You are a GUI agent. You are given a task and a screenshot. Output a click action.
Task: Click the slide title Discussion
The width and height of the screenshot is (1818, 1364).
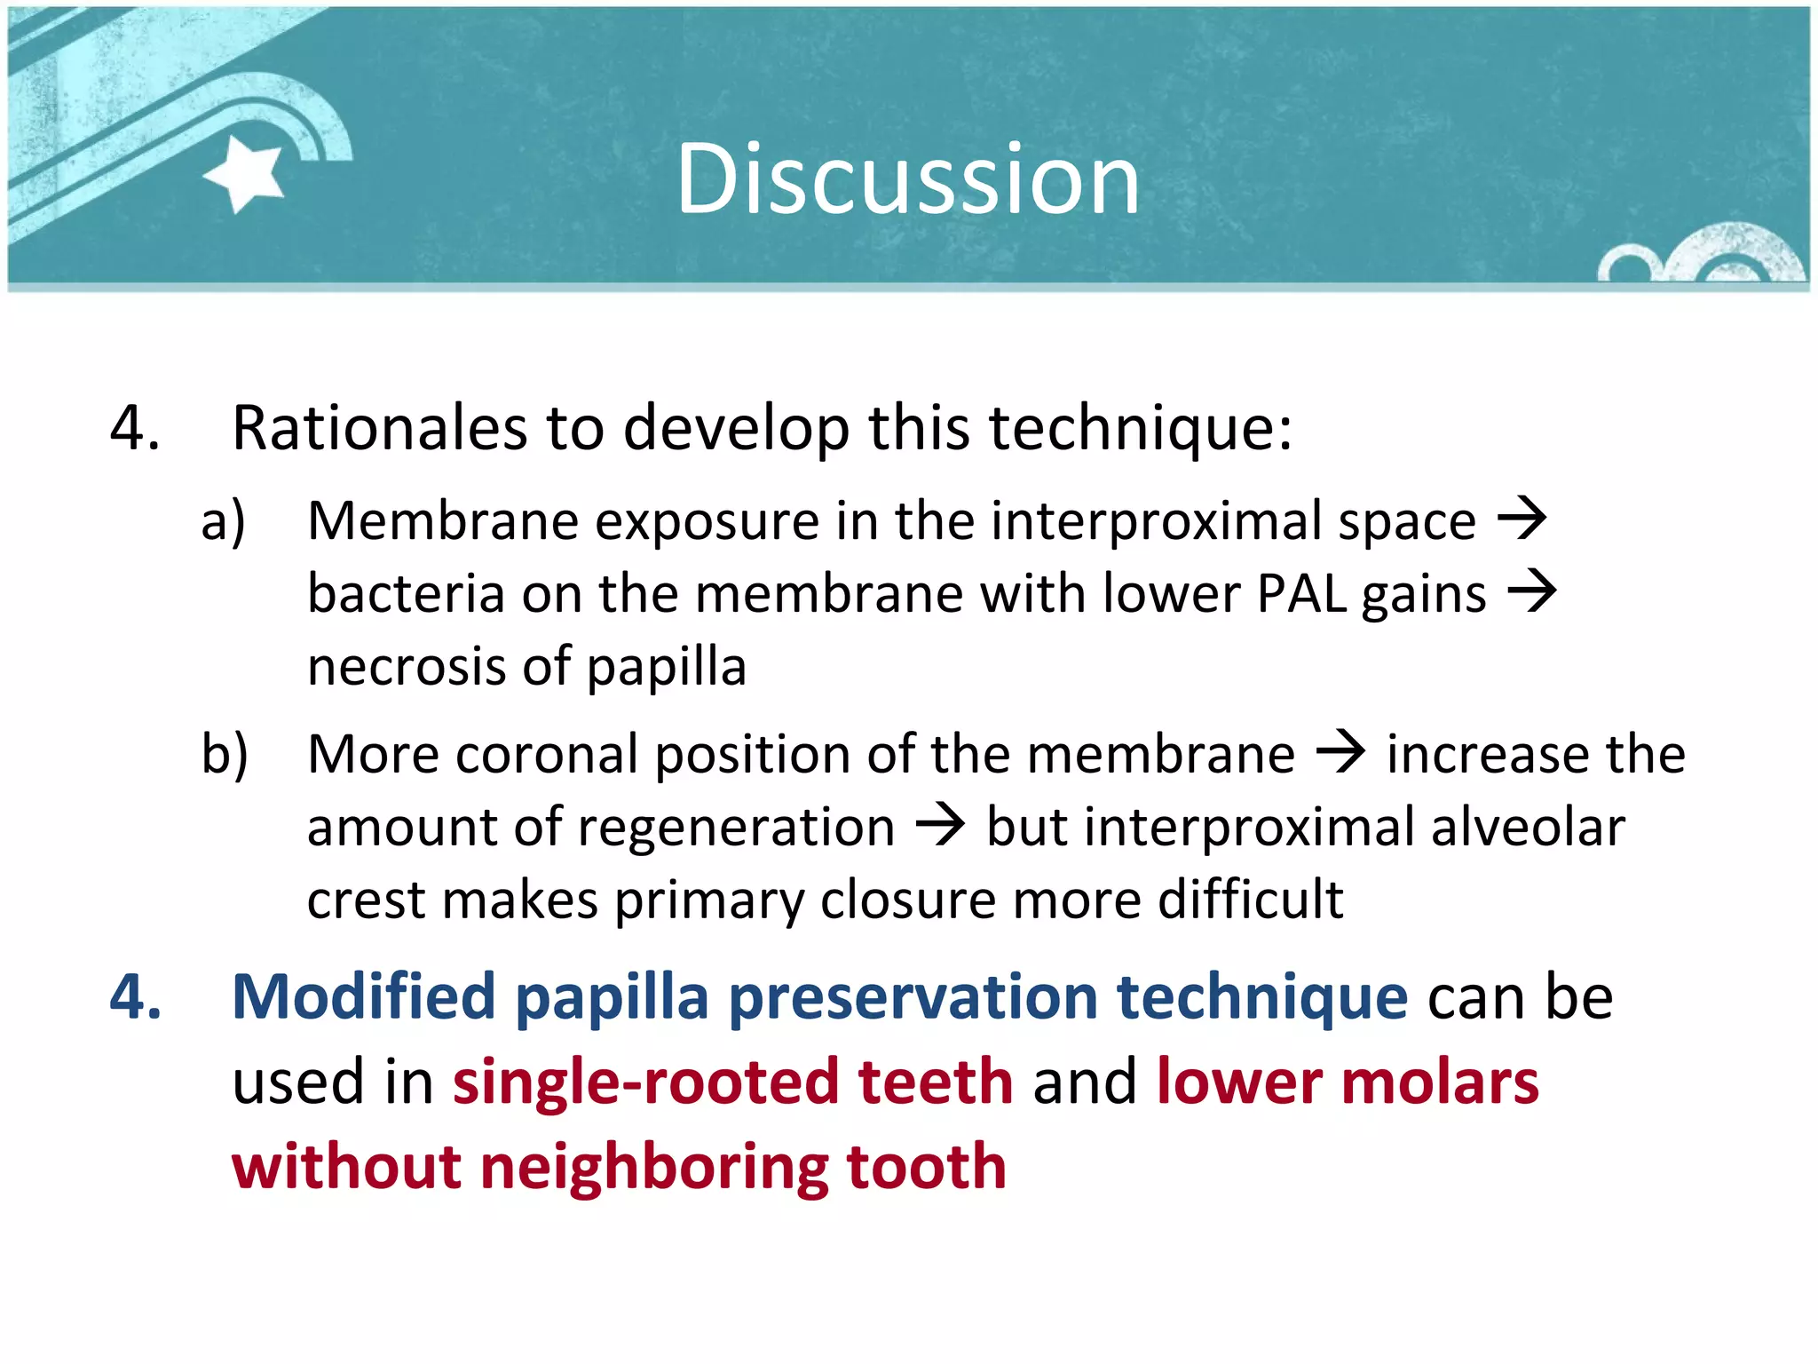pyautogui.click(x=907, y=179)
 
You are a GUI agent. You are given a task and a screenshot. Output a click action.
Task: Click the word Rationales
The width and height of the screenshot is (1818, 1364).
pyautogui.click(x=379, y=428)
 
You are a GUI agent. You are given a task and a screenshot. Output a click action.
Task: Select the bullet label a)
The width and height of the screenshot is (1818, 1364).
pyautogui.click(x=223, y=520)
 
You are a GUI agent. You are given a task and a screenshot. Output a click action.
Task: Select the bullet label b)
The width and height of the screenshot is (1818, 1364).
pyautogui.click(x=224, y=755)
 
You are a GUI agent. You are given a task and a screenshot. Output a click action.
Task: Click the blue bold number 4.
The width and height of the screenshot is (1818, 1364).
pyautogui.click(x=135, y=996)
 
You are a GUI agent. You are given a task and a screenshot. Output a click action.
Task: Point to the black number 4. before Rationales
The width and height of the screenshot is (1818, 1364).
pyautogui.click(x=135, y=428)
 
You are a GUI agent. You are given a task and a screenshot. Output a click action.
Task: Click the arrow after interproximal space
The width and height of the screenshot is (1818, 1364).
pyautogui.click(x=1522, y=519)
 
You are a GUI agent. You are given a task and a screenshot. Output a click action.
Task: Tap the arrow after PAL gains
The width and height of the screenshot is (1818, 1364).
pyautogui.click(x=1532, y=591)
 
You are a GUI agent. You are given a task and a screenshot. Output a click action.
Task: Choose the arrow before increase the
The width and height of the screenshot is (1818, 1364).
pyautogui.click(x=1340, y=753)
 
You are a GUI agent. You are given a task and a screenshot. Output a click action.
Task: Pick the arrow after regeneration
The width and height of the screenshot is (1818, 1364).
pyautogui.click(x=940, y=826)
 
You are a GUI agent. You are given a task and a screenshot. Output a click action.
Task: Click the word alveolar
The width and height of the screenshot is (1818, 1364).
pyautogui.click(x=1527, y=828)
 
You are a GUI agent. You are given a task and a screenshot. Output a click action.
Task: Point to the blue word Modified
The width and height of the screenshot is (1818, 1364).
pyautogui.click(x=363, y=996)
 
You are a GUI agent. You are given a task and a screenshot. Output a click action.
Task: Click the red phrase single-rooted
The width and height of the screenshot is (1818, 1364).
pyautogui.click(x=646, y=1082)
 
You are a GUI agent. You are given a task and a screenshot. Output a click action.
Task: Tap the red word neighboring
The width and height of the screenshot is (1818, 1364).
pyautogui.click(x=653, y=1167)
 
